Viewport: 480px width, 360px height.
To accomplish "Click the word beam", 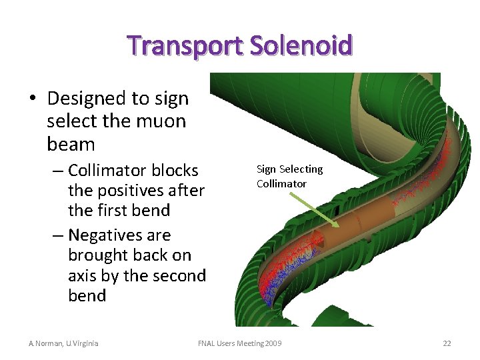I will [71, 144].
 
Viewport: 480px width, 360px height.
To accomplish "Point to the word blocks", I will [175, 170].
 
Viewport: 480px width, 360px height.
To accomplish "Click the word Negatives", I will [119, 235].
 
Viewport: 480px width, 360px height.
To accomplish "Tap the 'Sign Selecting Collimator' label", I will [289, 176].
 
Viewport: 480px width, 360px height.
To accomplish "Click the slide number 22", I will [447, 343].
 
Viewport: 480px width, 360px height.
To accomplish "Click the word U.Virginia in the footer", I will [83, 343].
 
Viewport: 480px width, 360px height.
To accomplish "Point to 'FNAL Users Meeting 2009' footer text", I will [239, 343].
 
